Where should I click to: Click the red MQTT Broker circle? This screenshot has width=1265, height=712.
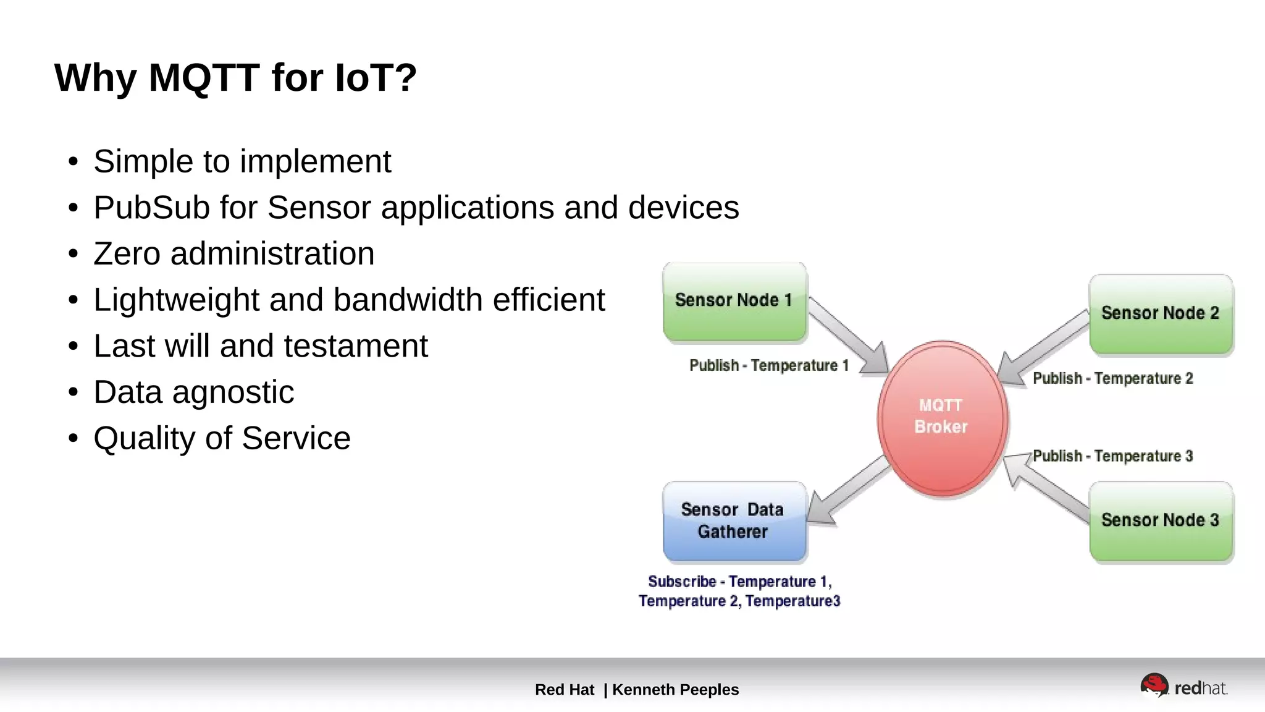[x=942, y=418]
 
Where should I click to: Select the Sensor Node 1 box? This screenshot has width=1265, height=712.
[x=734, y=301]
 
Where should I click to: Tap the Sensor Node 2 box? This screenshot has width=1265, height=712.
[x=1161, y=313]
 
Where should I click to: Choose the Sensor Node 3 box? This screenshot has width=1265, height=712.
[x=1161, y=520]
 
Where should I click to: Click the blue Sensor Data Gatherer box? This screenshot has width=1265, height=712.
[x=734, y=521]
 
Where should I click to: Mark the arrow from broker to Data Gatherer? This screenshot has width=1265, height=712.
[x=849, y=491]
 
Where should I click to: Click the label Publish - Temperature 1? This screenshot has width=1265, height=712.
[x=769, y=366]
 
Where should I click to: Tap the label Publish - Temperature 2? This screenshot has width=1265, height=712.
[x=1112, y=378]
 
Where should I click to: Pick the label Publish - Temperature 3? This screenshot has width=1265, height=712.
[x=1112, y=456]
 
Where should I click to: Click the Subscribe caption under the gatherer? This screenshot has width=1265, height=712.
[x=739, y=591]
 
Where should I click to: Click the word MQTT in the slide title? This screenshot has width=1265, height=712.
[x=204, y=78]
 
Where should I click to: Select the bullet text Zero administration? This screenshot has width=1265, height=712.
[x=233, y=253]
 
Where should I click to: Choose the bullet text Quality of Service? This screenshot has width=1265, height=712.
[x=222, y=438]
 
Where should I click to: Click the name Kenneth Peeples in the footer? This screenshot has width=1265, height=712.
[x=675, y=690]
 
